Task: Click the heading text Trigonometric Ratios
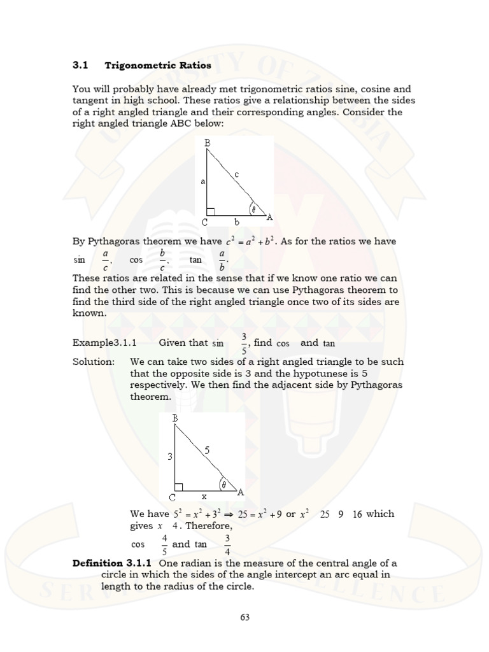point(158,65)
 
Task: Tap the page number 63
point(244,616)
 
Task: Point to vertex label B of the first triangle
point(207,143)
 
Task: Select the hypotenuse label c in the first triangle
point(236,173)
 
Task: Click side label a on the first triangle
point(202,181)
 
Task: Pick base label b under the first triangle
point(236,222)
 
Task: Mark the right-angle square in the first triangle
point(211,211)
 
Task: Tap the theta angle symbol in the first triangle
point(253,208)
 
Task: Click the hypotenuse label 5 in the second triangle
point(206,450)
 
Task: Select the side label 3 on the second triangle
point(171,457)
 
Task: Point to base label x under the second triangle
point(204,495)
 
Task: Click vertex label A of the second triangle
point(240,492)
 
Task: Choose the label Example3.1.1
point(105,343)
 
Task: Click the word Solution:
point(94,362)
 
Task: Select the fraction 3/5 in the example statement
point(244,342)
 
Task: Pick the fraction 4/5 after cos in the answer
point(164,544)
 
